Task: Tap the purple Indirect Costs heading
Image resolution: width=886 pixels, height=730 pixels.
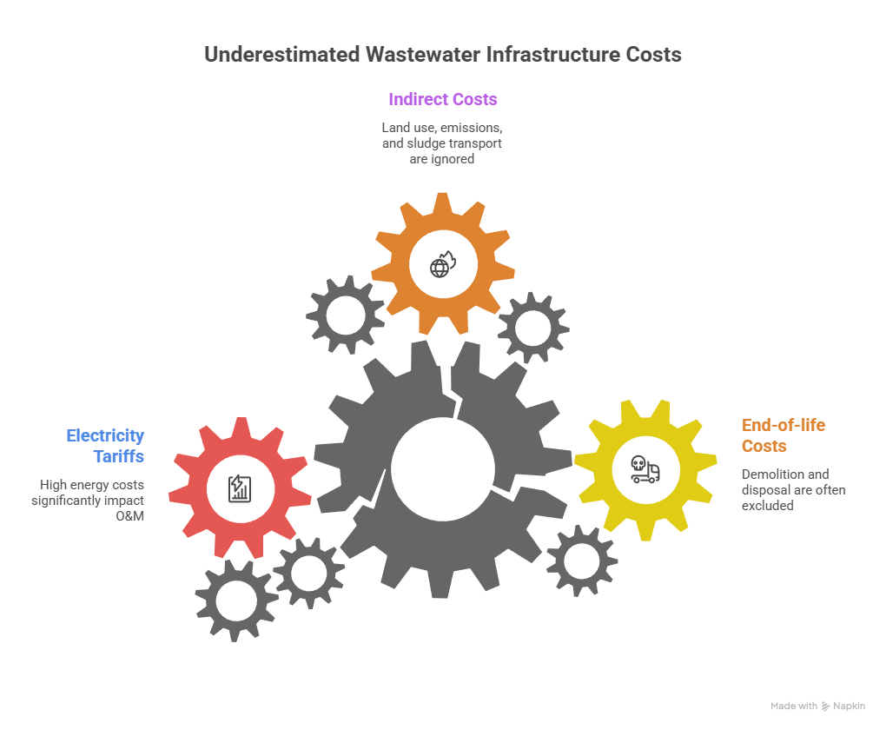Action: click(x=443, y=99)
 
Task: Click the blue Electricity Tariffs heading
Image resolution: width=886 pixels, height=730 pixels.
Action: click(x=105, y=446)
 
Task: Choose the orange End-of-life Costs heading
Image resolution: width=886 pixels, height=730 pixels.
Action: click(x=783, y=435)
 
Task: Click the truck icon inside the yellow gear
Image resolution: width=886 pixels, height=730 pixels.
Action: click(x=645, y=470)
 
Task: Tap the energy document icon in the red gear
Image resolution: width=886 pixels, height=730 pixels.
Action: click(x=239, y=488)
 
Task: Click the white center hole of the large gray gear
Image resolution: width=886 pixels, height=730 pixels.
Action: click(x=443, y=469)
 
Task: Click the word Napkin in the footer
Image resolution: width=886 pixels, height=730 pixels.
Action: click(x=849, y=707)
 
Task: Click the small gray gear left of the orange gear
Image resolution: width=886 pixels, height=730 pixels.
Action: click(x=345, y=314)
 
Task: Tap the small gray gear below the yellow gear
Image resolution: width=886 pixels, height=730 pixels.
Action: click(x=581, y=561)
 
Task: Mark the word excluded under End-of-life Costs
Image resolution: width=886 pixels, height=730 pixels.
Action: click(x=767, y=505)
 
